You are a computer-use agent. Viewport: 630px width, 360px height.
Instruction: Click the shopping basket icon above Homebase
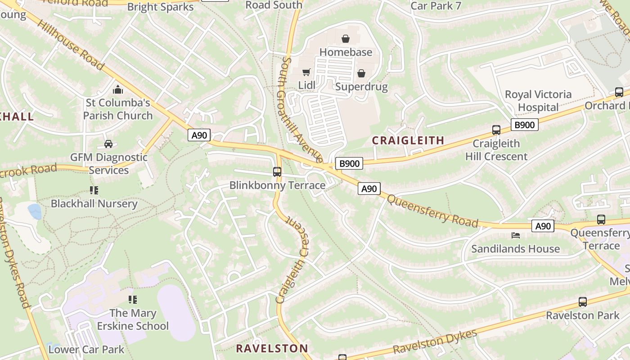pos(346,39)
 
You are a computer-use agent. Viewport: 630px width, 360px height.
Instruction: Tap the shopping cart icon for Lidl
pos(306,72)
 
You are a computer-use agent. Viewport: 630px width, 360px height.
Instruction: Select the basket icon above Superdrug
pos(361,73)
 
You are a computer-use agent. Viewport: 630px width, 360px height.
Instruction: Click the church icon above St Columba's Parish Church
pos(118,90)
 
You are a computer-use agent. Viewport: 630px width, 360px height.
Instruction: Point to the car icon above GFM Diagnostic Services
pos(108,144)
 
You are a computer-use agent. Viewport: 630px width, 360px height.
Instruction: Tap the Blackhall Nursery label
pos(94,203)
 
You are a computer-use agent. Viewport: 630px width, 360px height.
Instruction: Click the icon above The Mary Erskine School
pos(132,299)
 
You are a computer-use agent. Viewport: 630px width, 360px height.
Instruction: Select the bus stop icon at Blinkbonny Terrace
pos(277,171)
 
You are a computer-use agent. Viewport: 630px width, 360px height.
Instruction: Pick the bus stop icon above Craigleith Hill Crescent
pos(496,130)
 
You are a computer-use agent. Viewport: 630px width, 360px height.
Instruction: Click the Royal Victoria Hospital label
pos(538,101)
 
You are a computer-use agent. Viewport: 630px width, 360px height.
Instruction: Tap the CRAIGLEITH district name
pos(408,140)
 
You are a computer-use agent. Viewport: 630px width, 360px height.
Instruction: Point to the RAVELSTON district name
pos(272,348)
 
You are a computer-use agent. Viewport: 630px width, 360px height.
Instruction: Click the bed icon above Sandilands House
pos(516,235)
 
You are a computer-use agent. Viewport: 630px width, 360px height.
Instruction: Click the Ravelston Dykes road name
pos(435,342)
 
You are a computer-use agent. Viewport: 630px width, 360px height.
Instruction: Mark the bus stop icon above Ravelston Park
pos(583,302)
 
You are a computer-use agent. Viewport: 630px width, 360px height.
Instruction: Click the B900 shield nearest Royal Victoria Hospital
pos(524,125)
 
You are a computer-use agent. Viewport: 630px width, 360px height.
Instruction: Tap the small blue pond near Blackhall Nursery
pos(35,211)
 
